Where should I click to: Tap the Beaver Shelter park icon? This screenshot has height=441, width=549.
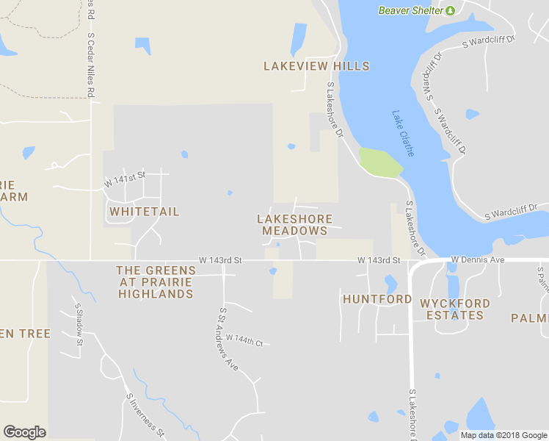click(x=451, y=10)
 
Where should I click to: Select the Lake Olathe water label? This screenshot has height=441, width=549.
click(x=403, y=133)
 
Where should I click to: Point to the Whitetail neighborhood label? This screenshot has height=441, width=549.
click(x=144, y=212)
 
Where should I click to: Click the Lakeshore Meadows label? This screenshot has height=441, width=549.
click(x=294, y=225)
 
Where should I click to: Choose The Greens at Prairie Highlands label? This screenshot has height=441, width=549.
click(x=156, y=282)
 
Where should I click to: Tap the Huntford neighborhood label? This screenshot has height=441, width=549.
click(x=377, y=299)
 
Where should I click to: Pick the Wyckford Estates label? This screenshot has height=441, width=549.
click(x=451, y=309)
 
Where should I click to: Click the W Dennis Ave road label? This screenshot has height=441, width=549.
click(x=478, y=259)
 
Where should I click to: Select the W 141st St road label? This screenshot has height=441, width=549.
click(x=125, y=178)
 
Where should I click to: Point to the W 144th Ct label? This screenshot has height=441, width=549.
click(x=244, y=340)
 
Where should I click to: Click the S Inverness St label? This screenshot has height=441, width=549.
click(x=145, y=416)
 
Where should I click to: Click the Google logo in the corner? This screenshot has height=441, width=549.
click(x=24, y=432)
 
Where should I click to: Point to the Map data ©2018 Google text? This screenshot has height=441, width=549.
click(x=503, y=435)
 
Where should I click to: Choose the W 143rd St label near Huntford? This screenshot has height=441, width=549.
click(x=379, y=260)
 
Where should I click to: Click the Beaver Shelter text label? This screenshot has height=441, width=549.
click(x=411, y=10)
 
